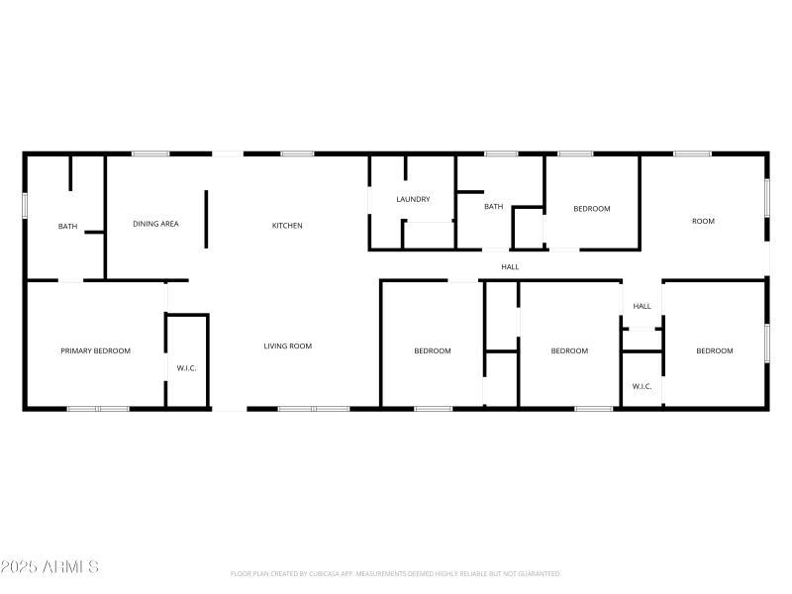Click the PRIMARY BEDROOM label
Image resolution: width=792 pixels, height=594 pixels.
tap(95, 350)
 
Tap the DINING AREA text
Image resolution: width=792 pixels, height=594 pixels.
tap(155, 224)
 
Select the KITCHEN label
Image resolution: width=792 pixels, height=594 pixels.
tap(287, 226)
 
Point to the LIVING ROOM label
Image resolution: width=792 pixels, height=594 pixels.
tap(287, 346)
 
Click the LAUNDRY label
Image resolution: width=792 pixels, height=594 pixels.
tap(413, 199)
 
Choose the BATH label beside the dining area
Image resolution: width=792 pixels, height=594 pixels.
tap(67, 227)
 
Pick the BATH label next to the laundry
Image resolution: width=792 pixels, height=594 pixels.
tap(493, 207)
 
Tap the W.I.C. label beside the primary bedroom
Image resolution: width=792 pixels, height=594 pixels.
tap(186, 368)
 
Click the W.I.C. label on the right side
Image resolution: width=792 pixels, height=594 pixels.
tap(642, 386)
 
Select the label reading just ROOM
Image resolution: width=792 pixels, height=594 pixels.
tap(702, 221)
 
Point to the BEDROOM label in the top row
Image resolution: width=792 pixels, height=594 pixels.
tap(592, 209)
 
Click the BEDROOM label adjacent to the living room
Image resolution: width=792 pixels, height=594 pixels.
tap(433, 350)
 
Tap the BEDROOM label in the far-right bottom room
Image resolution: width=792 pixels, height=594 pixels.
tap(714, 350)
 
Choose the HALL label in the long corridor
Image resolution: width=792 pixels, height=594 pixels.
tap(510, 266)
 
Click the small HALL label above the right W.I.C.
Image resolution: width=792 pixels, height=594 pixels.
tap(642, 306)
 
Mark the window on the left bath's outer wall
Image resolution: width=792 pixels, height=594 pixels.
tap(25, 204)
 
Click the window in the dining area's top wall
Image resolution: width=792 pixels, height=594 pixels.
tap(150, 153)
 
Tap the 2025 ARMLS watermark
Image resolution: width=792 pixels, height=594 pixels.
tap(49, 567)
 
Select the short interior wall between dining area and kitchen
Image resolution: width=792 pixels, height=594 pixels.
tap(206, 219)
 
